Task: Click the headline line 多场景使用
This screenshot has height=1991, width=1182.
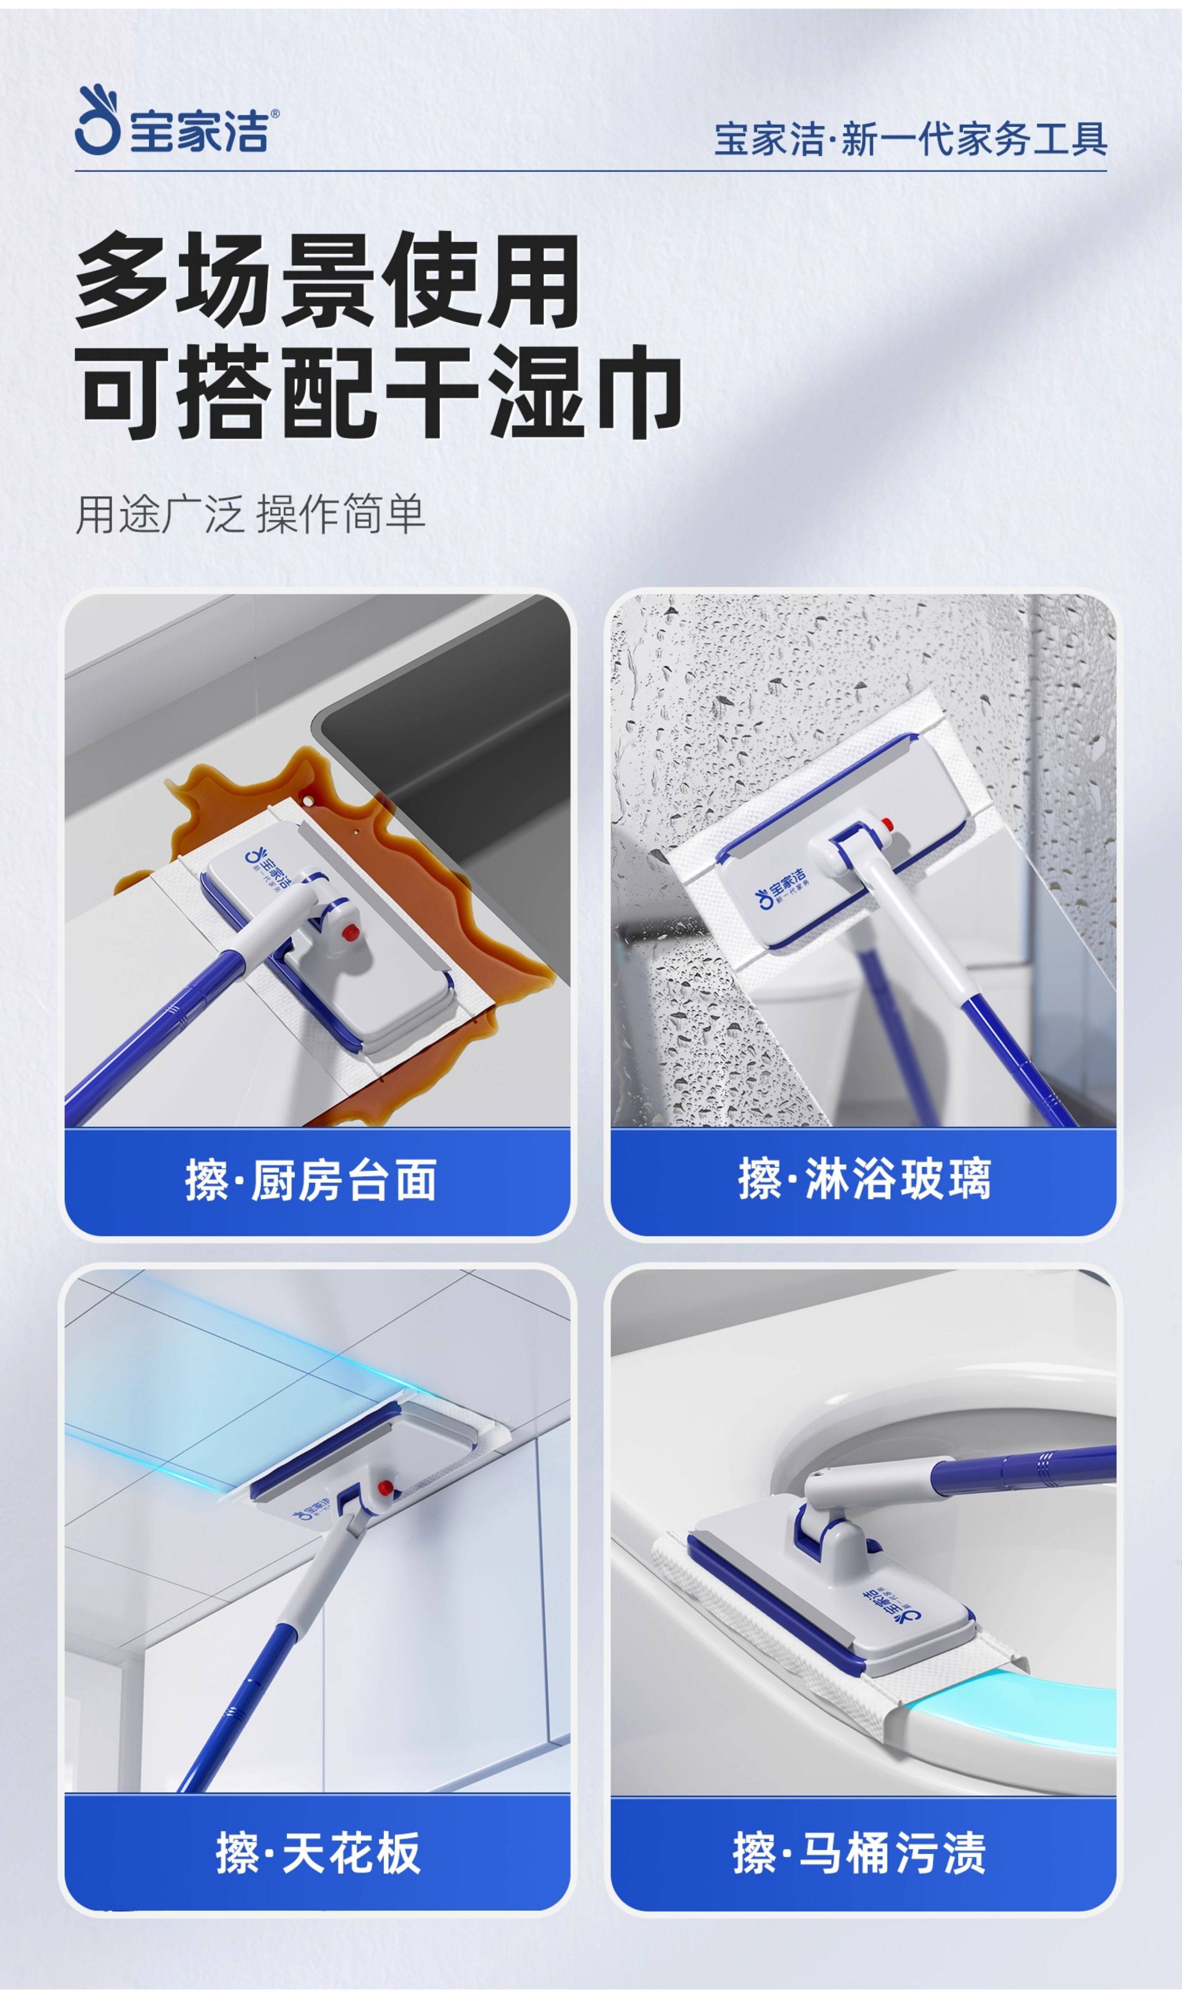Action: coord(328,280)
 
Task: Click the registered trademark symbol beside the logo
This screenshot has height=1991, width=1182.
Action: coord(275,114)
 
